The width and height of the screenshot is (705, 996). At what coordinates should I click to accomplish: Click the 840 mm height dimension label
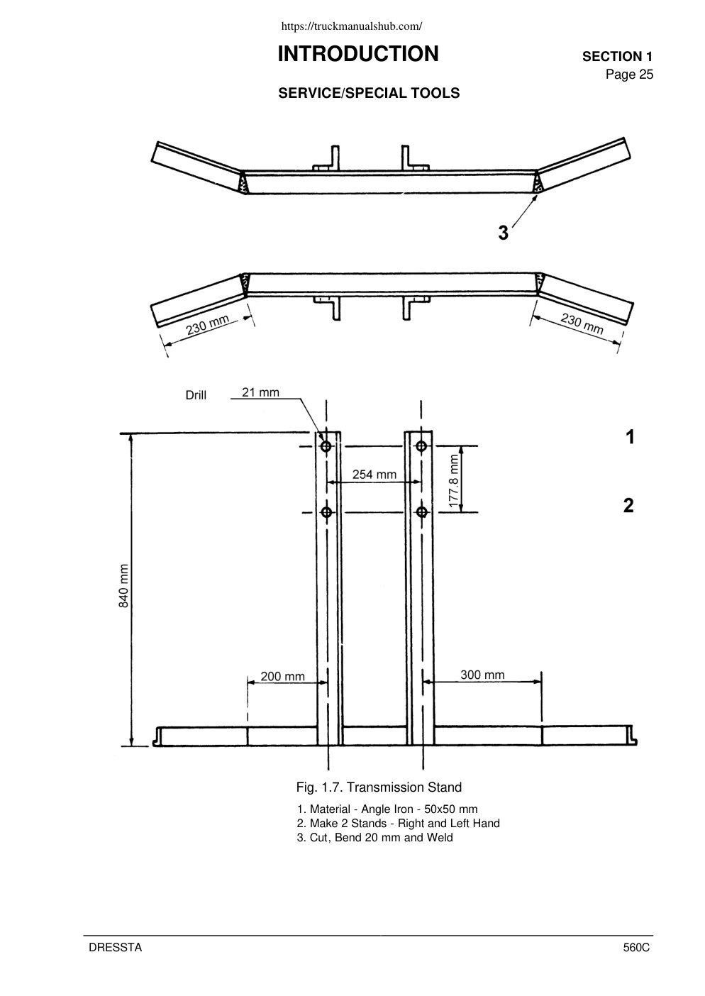coord(124,585)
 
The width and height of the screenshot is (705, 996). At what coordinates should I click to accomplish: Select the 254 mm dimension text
coord(374,475)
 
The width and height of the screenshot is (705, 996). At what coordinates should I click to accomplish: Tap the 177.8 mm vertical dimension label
coord(453,481)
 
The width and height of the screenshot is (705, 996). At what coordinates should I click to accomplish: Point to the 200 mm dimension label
coord(283,676)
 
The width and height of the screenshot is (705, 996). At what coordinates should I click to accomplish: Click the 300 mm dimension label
coord(482,675)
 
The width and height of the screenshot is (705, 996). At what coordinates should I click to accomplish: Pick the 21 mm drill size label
coord(260,392)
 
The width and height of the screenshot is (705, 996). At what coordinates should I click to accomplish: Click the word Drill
coord(196,395)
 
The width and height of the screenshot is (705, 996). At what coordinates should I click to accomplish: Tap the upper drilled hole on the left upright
coord(326,446)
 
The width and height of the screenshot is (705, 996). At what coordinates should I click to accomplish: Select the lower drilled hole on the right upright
coord(422,512)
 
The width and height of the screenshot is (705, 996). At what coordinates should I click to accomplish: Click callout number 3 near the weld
coord(503,233)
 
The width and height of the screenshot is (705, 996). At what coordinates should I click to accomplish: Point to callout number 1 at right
coord(630,437)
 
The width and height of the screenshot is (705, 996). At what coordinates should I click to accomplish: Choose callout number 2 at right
coord(628,506)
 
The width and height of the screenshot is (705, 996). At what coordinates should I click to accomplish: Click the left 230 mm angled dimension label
coord(208,325)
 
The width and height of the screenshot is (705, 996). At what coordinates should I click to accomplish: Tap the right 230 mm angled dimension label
coord(582,323)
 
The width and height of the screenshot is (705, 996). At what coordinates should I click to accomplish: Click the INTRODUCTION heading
coord(358,54)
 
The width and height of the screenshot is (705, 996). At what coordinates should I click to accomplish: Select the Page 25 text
coord(629,74)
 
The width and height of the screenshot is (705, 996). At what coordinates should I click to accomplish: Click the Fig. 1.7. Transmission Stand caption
coord(379,787)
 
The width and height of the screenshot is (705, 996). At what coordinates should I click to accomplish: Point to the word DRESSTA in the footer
coord(116,948)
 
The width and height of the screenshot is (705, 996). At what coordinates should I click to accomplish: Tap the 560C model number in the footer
coord(636,948)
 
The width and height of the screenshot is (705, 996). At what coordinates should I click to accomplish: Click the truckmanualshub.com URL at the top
coord(352,26)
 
